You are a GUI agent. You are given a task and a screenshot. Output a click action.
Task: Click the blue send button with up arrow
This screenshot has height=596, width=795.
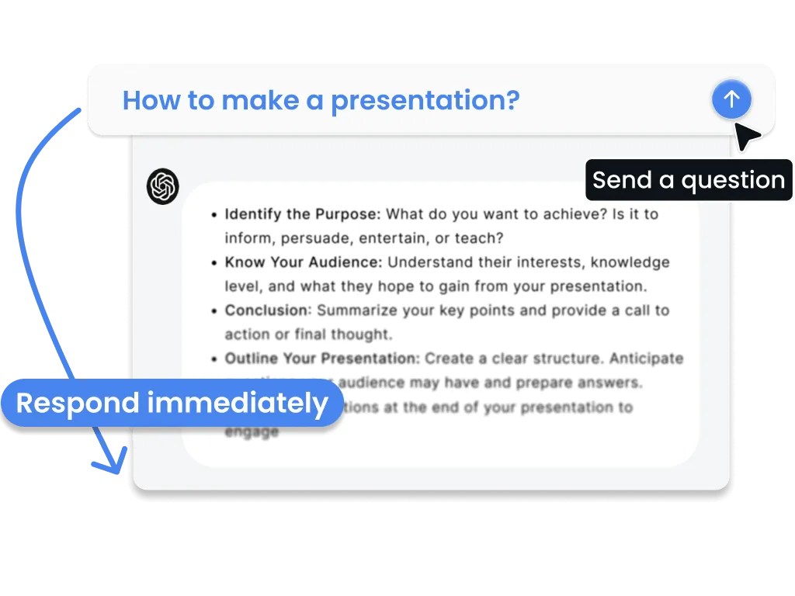click(731, 99)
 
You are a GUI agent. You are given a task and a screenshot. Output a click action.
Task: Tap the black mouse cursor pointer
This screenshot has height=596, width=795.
click(746, 137)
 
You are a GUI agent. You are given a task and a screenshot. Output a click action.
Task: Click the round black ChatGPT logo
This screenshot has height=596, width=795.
click(163, 187)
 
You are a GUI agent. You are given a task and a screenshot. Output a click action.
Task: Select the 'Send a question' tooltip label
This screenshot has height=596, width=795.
click(689, 180)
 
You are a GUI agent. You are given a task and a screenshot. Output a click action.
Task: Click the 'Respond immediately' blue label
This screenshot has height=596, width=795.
click(172, 404)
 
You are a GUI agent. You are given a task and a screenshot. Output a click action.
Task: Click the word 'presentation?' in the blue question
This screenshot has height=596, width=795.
click(425, 101)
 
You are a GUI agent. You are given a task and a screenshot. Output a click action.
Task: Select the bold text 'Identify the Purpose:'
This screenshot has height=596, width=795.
click(303, 214)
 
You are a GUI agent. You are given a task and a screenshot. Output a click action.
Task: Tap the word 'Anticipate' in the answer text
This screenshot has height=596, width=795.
click(646, 359)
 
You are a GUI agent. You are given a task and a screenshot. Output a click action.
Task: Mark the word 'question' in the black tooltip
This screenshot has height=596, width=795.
click(733, 181)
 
